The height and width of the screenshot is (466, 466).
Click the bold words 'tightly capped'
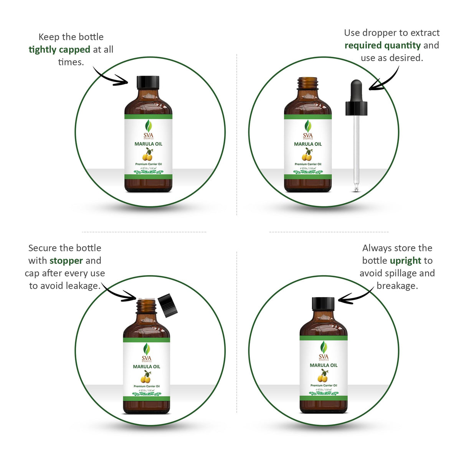pos(59,50)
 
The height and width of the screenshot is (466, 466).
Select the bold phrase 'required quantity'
pos(382,45)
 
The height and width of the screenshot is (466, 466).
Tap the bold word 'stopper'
pos(66,261)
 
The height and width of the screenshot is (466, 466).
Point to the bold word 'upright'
pos(405,261)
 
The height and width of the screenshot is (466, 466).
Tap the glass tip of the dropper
pos(356,188)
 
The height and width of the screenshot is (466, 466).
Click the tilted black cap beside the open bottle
pos(168,306)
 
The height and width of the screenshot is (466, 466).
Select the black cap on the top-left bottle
pos(148,82)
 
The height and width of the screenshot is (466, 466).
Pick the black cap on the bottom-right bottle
pos(323,304)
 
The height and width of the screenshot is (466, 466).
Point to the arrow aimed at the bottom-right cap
pos(355,297)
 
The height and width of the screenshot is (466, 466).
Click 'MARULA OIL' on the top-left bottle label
pos(148,144)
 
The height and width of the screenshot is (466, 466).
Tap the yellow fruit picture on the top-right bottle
pos(307,155)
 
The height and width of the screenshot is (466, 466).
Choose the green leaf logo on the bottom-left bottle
pos(147,349)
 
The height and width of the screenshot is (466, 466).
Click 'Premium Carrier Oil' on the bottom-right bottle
pos(324,385)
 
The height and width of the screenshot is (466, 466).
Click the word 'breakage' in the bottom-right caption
pos(397,286)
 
